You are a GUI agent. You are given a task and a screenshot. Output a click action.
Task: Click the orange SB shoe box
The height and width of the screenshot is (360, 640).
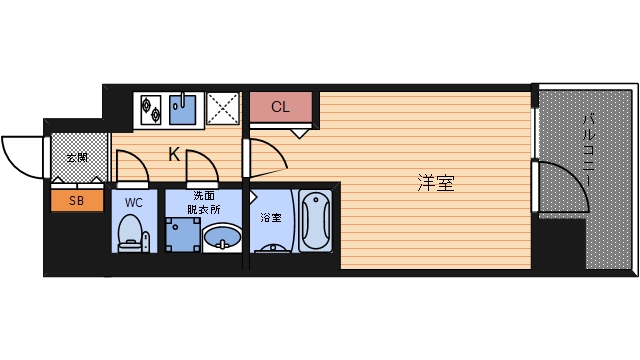pos(77,201)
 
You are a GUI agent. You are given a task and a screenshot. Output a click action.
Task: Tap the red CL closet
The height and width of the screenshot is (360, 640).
pos(280,106)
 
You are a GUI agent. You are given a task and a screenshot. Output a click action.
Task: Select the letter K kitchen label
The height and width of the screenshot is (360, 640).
pos(173,154)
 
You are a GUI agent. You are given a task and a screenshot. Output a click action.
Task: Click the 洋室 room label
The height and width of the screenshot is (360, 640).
pos(436,183)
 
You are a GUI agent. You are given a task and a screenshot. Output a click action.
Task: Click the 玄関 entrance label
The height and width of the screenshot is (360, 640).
pos(77,157)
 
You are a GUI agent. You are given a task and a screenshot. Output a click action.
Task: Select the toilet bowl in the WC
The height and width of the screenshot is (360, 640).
pos(128,236)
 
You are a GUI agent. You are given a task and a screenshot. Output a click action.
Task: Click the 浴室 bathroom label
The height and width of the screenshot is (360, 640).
pos(270,217)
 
